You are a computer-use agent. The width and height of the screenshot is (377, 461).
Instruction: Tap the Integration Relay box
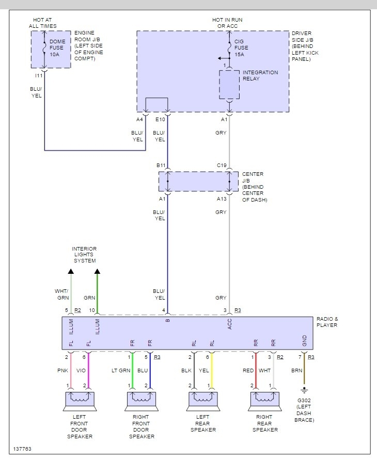click(229, 85)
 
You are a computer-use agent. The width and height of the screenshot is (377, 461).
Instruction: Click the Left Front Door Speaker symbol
click(79, 400)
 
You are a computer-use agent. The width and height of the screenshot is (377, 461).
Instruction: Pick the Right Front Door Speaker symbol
click(141, 400)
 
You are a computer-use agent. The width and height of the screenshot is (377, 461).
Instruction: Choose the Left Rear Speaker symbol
click(203, 400)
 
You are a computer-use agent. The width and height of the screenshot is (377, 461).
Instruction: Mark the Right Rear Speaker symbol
click(265, 400)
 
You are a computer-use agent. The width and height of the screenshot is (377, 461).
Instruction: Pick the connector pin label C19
click(222, 166)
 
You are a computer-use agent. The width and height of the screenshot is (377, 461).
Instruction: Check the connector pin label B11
click(161, 166)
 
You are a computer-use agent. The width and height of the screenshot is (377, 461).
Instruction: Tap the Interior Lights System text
click(84, 255)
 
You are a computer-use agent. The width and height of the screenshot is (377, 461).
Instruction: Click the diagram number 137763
click(23, 449)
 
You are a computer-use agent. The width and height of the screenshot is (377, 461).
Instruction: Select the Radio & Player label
click(327, 322)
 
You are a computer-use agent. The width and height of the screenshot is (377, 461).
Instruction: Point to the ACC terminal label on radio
click(230, 324)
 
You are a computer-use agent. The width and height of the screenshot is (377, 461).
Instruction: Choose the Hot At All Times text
click(43, 23)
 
